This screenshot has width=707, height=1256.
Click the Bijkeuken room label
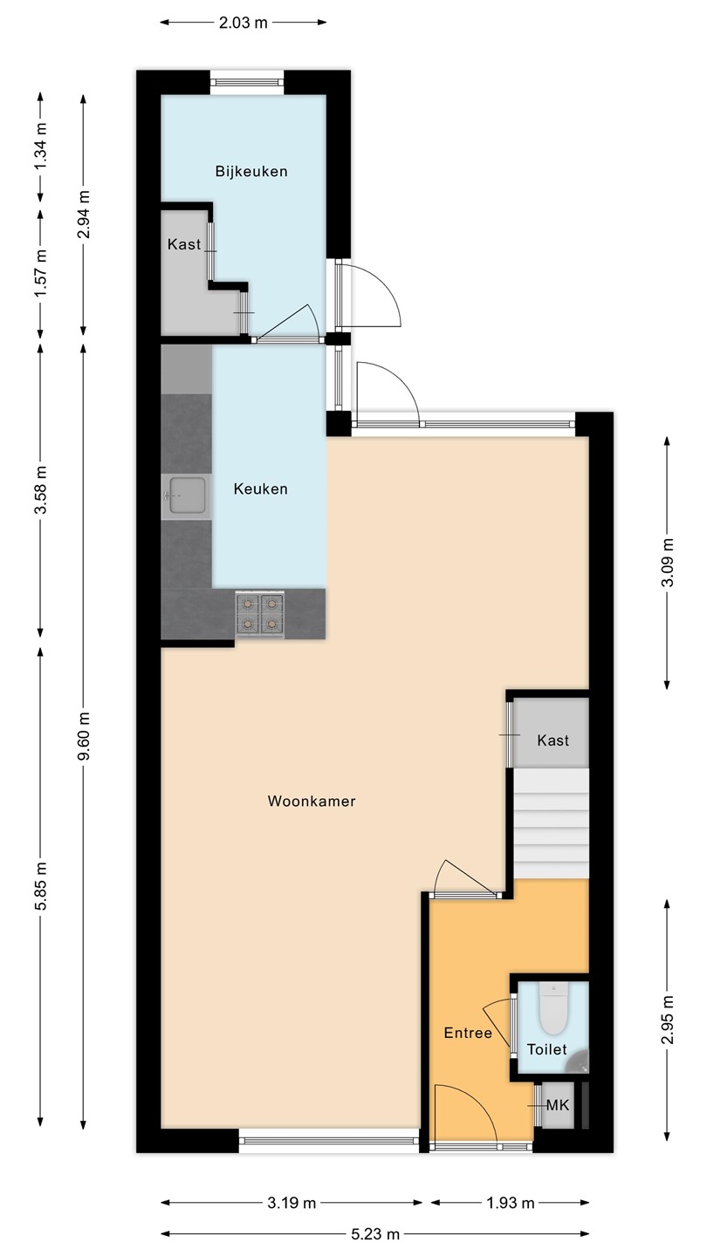tap(251, 171)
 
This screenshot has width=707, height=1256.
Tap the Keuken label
tap(260, 489)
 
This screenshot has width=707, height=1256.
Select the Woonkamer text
tap(312, 801)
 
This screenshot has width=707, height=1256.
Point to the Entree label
tap(468, 1033)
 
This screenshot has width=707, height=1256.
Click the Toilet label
tap(546, 1049)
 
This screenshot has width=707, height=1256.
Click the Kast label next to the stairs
tap(553, 741)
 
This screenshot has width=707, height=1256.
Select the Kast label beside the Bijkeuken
tap(184, 244)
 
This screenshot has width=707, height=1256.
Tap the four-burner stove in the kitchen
tap(260, 614)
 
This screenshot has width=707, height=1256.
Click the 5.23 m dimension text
tap(375, 1234)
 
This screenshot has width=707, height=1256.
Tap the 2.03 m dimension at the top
tap(243, 23)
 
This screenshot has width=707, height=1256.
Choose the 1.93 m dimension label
tap(511, 1203)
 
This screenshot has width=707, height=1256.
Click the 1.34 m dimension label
tap(40, 146)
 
